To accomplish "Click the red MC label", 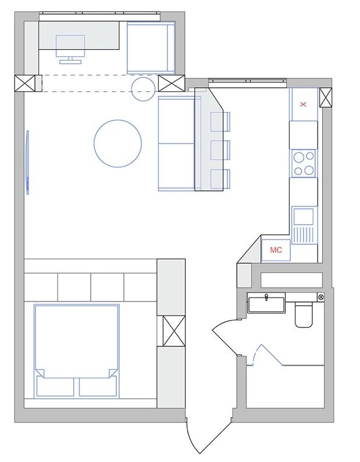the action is (276, 250).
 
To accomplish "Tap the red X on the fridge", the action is (303, 104).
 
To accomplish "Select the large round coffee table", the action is (117, 144).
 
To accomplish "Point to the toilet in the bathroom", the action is (304, 314).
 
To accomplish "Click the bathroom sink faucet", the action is (266, 297).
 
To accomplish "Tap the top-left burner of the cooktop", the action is (298, 157).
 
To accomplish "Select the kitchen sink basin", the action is (303, 216).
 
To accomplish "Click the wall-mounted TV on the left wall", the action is (28, 162).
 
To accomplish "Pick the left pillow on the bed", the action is (55, 386).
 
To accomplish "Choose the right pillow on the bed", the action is (98, 386).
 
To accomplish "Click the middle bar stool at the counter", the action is (220, 151).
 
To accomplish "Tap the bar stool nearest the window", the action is (220, 121).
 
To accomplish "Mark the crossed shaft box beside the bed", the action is (174, 331).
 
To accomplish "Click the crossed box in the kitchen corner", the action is (326, 97).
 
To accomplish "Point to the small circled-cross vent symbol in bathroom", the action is (321, 297).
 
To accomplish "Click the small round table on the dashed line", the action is (143, 89).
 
